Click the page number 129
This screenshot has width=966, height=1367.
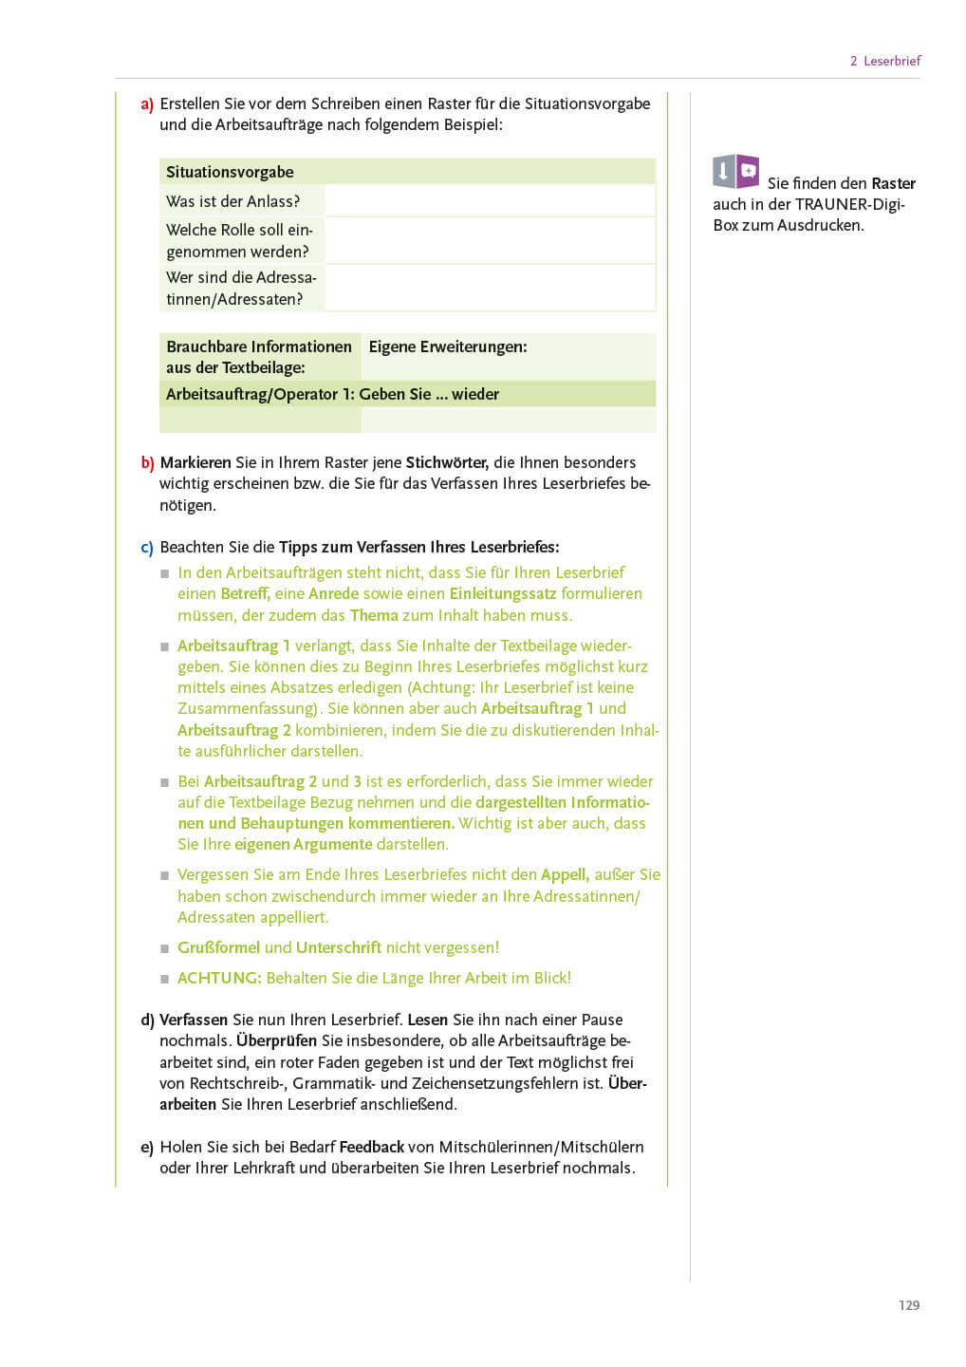pos(908,1305)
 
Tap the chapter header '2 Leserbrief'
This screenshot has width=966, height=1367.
pos(884,61)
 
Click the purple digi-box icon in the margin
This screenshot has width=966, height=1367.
pos(736,172)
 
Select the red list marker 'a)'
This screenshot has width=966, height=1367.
pos(147,104)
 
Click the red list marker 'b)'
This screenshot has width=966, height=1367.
pos(147,463)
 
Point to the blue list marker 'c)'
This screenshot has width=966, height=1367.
pos(147,548)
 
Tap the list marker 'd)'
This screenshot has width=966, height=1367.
pos(147,1021)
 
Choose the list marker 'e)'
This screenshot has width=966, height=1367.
pos(147,1148)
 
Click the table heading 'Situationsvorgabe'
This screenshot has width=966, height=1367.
pos(230,172)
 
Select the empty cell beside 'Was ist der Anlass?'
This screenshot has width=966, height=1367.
pos(489,201)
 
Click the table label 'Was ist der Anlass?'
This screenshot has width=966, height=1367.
pos(232,201)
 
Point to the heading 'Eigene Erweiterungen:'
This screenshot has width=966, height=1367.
pos(448,346)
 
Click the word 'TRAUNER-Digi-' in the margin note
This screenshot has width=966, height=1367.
pos(849,204)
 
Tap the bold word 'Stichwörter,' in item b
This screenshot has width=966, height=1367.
pos(447,462)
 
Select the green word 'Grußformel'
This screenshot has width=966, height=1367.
pos(218,947)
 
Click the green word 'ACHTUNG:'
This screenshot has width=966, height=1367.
pos(219,978)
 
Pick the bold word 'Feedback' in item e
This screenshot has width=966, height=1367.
pos(371,1147)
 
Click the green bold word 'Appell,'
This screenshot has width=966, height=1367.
pos(565,874)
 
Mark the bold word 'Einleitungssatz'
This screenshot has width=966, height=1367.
pos(503,593)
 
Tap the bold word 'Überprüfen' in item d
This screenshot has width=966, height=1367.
pos(276,1040)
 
